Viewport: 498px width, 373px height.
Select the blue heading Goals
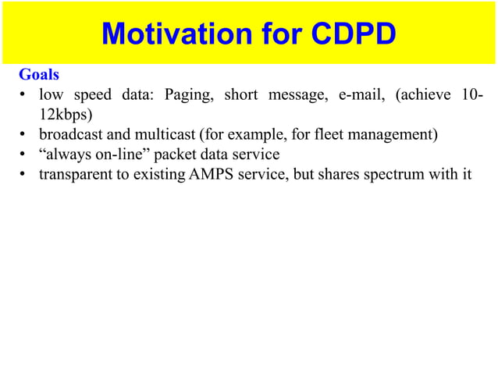click(39, 76)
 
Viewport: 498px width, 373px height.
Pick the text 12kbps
click(66, 115)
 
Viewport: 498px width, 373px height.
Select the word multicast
click(166, 135)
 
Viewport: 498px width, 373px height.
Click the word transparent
click(76, 174)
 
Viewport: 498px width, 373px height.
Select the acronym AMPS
click(210, 174)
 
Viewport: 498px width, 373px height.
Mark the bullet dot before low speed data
click(24, 97)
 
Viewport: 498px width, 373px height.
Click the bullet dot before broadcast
click(24, 136)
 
